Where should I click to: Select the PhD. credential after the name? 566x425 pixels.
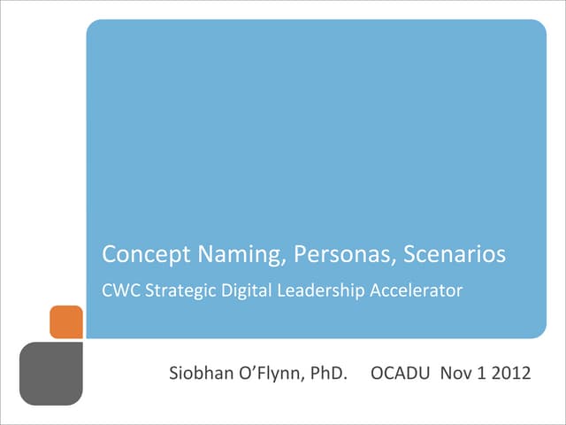coord(326,375)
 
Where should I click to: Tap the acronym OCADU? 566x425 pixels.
coord(400,375)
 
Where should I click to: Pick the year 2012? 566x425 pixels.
coord(512,375)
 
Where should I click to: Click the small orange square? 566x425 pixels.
coord(66,321)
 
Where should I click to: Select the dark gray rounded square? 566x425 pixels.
coord(50,374)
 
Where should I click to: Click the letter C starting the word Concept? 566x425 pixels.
coord(110,256)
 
